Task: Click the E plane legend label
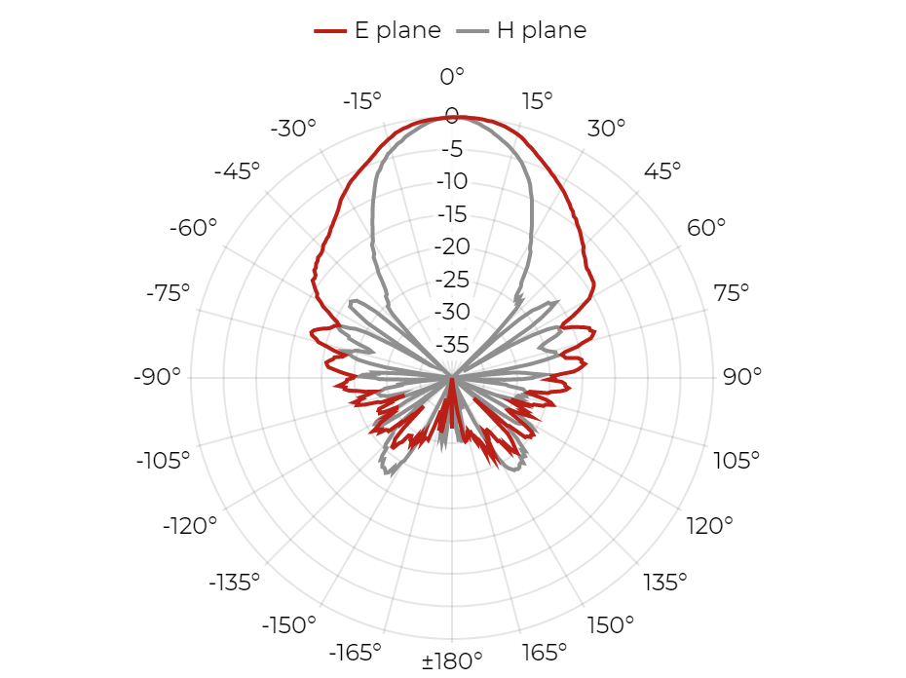pyautogui.click(x=397, y=30)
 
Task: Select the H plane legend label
pyautogui.click(x=542, y=30)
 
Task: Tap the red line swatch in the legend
pyautogui.click(x=330, y=30)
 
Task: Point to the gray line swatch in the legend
pyautogui.click(x=472, y=30)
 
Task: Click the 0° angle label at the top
pyautogui.click(x=452, y=76)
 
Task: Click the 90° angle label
pyautogui.click(x=742, y=376)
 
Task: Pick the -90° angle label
pyautogui.click(x=157, y=376)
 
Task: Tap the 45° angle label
pyautogui.click(x=662, y=171)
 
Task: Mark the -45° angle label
pyautogui.click(x=237, y=171)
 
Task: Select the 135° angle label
pyautogui.click(x=665, y=583)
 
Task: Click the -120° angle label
pyautogui.click(x=190, y=526)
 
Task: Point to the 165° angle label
pyautogui.click(x=544, y=653)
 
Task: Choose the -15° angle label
pyautogui.click(x=362, y=101)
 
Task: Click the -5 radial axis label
pyautogui.click(x=452, y=149)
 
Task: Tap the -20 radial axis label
pyautogui.click(x=452, y=246)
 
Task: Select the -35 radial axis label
pyautogui.click(x=452, y=345)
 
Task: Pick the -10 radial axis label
pyautogui.click(x=452, y=181)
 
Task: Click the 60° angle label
pyautogui.click(x=706, y=228)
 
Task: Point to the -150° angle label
pyautogui.click(x=289, y=624)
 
